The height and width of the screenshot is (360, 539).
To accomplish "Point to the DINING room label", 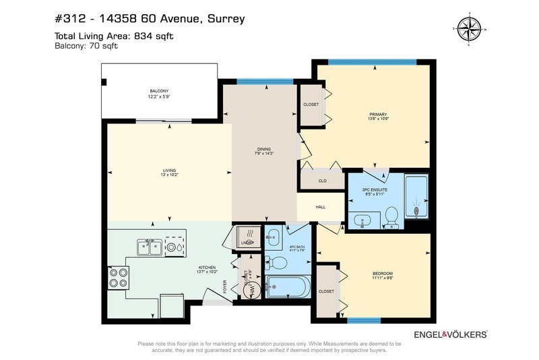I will pyautogui.click(x=263, y=149).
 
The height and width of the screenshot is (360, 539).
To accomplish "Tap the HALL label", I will pyautogui.click(x=321, y=207).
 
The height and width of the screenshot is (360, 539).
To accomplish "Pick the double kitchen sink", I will pyautogui.click(x=149, y=248).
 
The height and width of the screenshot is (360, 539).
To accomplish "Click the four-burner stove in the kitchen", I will pyautogui.click(x=118, y=276).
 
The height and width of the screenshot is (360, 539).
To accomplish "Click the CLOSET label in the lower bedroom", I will pyautogui.click(x=326, y=291).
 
